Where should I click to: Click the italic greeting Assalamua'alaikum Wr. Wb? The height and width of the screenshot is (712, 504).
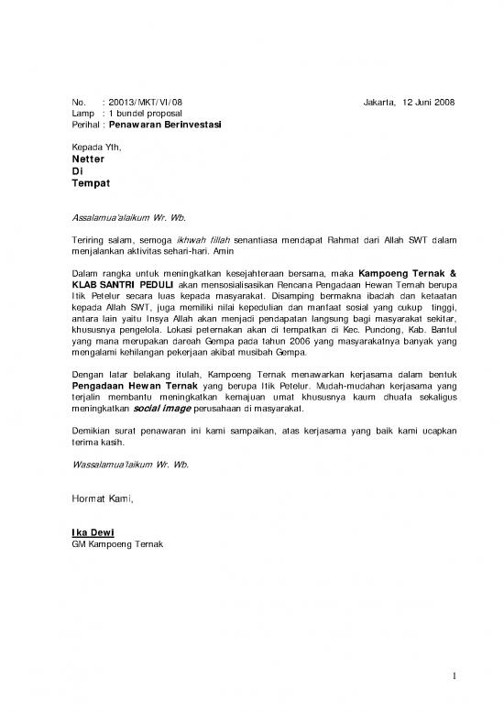point(128,217)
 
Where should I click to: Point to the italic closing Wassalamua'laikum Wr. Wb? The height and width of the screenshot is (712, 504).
point(130,465)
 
